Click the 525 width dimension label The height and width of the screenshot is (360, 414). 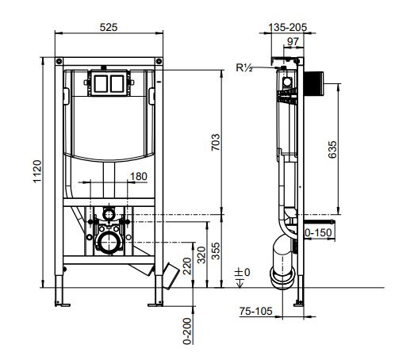pyautogui.click(x=109, y=27)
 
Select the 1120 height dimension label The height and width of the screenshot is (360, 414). pyautogui.click(x=37, y=171)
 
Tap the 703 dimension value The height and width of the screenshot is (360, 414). pyautogui.click(x=216, y=142)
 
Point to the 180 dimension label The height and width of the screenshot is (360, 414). pyautogui.click(x=139, y=176)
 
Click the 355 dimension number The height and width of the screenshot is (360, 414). pyautogui.click(x=216, y=251)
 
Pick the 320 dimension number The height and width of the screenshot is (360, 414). pyautogui.click(x=201, y=255)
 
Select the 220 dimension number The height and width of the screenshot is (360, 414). pyautogui.click(x=187, y=266)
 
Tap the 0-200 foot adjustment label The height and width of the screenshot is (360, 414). pyautogui.click(x=187, y=331)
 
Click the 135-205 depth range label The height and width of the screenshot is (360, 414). pyautogui.click(x=288, y=27)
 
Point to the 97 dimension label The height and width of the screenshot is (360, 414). pyautogui.click(x=293, y=41)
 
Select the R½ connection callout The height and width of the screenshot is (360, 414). pyautogui.click(x=244, y=68)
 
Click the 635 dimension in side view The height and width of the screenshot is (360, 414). pyautogui.click(x=332, y=150)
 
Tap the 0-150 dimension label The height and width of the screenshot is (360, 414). pyautogui.click(x=318, y=233)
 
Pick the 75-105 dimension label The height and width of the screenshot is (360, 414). pyautogui.click(x=255, y=311)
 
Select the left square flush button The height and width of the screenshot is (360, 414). pyautogui.click(x=101, y=84)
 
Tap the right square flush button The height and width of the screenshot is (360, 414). pyautogui.click(x=117, y=84)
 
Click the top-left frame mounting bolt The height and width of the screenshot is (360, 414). pyautogui.click(x=59, y=62)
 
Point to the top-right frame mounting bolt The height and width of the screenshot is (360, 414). pyautogui.click(x=159, y=62)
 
